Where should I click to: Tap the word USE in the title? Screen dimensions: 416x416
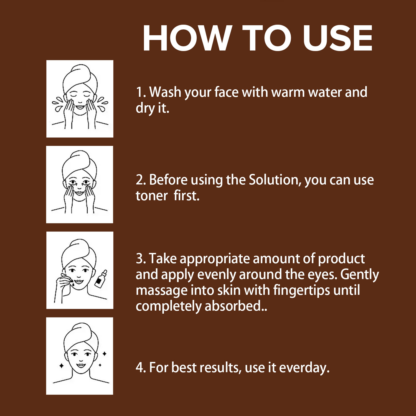click(338, 38)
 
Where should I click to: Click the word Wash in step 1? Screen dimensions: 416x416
click(165, 92)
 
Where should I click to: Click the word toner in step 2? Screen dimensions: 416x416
click(152, 196)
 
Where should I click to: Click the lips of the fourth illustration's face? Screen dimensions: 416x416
click(81, 365)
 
